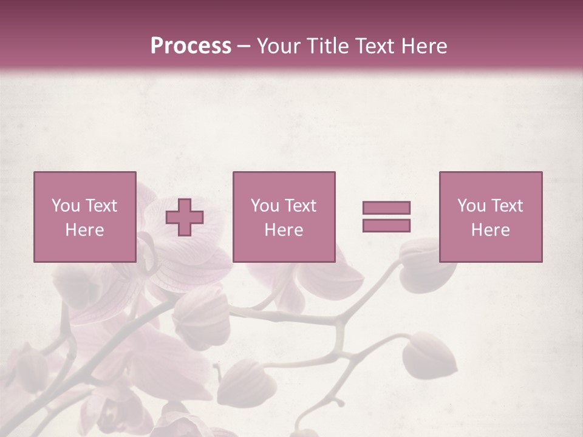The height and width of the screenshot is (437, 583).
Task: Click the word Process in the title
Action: [191, 46]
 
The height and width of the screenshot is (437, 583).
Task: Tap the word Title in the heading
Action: [329, 46]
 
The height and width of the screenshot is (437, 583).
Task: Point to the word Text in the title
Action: [380, 46]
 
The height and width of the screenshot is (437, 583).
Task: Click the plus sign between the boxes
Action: [185, 217]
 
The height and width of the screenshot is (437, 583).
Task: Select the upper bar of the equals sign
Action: [386, 208]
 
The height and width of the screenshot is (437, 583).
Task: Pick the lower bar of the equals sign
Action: [386, 226]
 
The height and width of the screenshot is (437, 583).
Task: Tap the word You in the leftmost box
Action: [66, 206]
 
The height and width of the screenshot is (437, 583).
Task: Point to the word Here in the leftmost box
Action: [84, 230]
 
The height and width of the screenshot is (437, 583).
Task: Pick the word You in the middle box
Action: [265, 206]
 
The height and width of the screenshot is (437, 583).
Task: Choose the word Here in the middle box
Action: [284, 230]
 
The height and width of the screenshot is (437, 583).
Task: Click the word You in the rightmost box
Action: [471, 206]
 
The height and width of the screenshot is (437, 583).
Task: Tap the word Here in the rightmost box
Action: [490, 230]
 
